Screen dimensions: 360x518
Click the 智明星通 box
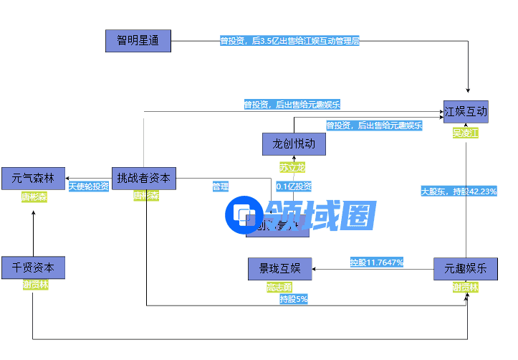click(x=138, y=40)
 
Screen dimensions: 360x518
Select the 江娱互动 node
click(x=466, y=111)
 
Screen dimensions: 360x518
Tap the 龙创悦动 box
click(x=294, y=144)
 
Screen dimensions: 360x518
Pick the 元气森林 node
click(x=33, y=178)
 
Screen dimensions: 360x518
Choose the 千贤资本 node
click(x=33, y=267)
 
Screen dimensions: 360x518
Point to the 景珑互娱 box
click(x=279, y=269)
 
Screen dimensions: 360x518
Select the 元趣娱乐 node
click(x=466, y=269)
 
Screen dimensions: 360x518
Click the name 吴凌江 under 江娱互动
click(x=466, y=133)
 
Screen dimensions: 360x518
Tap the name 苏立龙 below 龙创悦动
click(x=292, y=167)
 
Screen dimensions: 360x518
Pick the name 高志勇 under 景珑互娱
click(x=279, y=287)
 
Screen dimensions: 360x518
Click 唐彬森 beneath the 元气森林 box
click(x=33, y=196)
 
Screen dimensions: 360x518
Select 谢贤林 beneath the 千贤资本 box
click(x=35, y=285)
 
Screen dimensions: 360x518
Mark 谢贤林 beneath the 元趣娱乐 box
click(x=465, y=287)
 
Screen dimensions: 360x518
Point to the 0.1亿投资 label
click(x=294, y=186)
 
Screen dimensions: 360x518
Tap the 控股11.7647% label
click(x=376, y=262)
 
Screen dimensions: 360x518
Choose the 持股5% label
click(x=293, y=298)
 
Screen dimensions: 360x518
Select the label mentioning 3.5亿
click(x=289, y=41)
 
